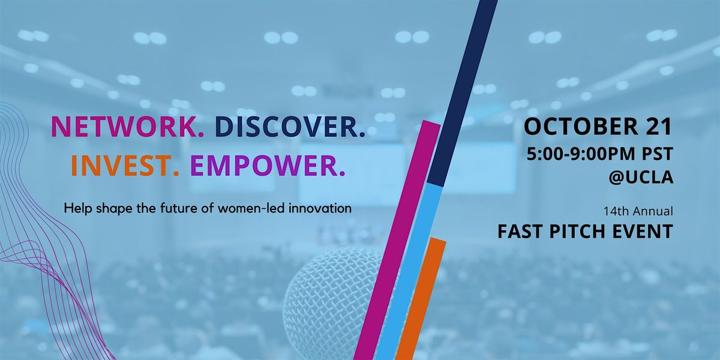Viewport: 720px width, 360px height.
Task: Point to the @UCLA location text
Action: click(x=641, y=177)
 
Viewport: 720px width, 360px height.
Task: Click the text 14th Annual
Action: click(x=638, y=211)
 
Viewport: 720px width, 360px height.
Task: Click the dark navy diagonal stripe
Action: click(x=462, y=93)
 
